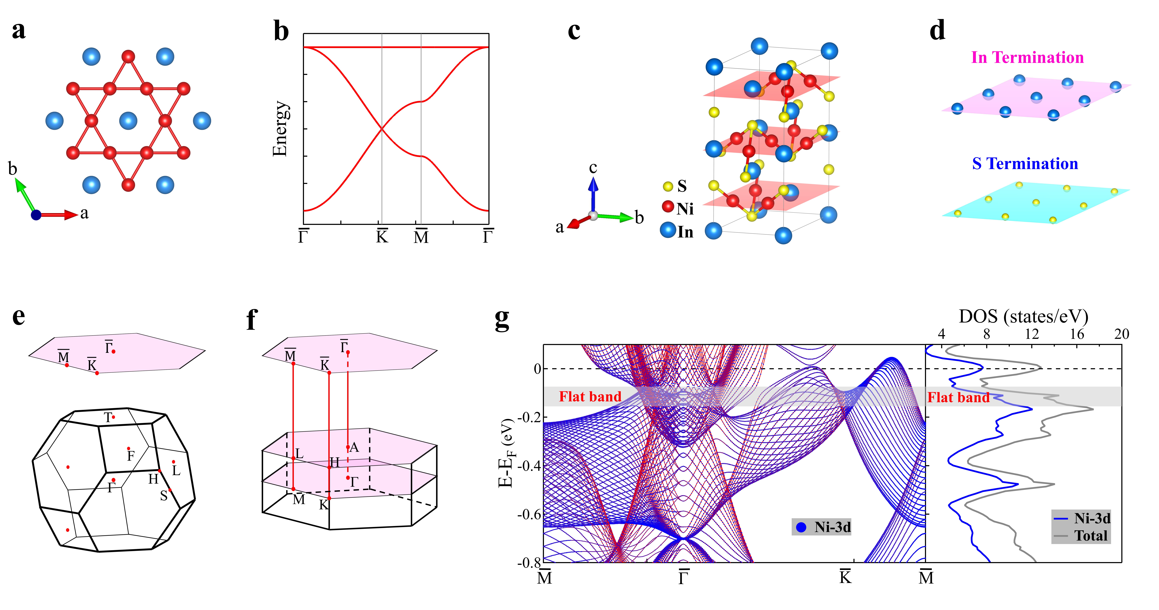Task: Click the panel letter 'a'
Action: coord(18,31)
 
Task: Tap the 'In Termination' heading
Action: coord(1027,58)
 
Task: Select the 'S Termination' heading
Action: coord(1025,164)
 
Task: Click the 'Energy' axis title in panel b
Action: coord(280,129)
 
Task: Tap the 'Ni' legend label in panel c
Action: coord(685,209)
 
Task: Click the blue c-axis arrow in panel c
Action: coord(593,193)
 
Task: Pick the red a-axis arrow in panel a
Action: coord(58,215)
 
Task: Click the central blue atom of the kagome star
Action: coord(128,121)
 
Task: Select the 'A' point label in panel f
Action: coord(354,447)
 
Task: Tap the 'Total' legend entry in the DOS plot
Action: coord(1091,536)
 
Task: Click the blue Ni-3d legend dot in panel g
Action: coord(801,527)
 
